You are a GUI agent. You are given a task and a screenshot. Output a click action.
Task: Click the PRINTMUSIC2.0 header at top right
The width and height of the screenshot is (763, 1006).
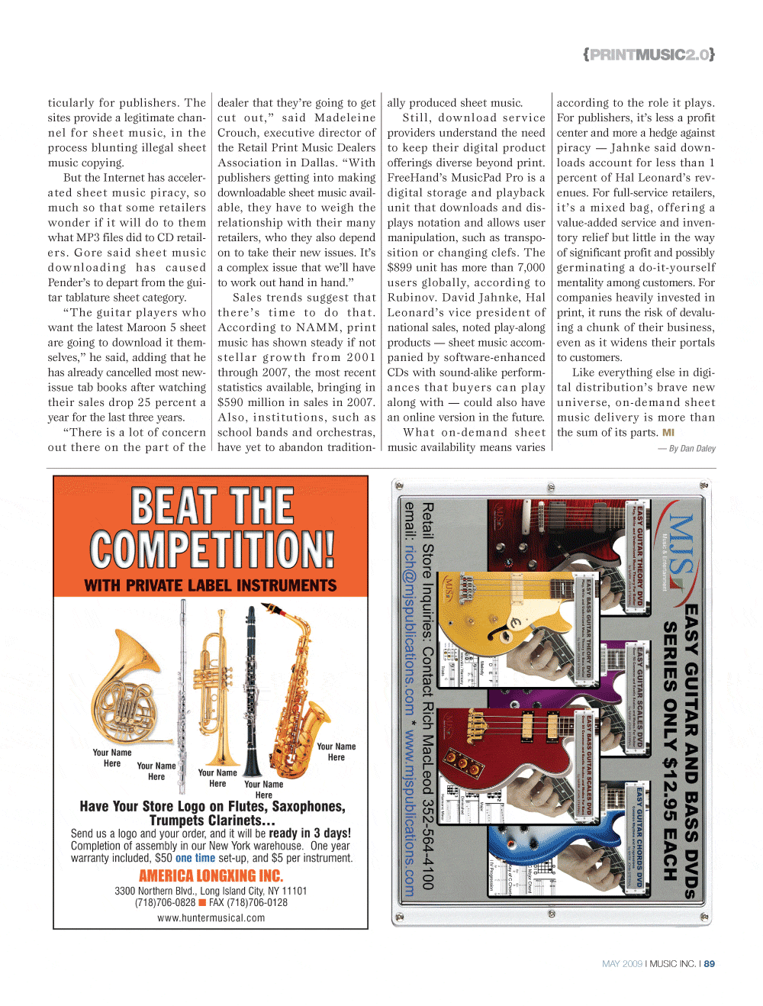[649, 55]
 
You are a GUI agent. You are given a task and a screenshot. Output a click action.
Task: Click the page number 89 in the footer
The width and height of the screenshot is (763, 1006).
[710, 964]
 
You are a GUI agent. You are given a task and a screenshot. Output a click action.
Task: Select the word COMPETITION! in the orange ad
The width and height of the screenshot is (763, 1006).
[212, 550]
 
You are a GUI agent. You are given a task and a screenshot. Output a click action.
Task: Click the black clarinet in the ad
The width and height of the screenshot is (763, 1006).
[250, 687]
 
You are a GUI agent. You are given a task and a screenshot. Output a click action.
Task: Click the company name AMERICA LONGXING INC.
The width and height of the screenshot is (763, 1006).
[211, 876]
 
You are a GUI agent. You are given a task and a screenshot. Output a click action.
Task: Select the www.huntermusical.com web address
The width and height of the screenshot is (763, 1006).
[211, 918]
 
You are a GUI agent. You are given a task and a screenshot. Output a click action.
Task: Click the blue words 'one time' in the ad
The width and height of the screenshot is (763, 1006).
[195, 858]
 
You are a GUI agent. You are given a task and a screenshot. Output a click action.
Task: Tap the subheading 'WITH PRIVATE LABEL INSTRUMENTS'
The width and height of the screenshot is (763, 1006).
[211, 585]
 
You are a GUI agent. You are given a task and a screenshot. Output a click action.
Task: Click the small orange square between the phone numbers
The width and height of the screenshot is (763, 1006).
[202, 902]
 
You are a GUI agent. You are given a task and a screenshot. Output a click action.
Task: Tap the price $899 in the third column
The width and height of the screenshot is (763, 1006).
[400, 268]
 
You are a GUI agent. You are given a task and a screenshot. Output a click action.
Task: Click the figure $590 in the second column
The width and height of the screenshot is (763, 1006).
[230, 402]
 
